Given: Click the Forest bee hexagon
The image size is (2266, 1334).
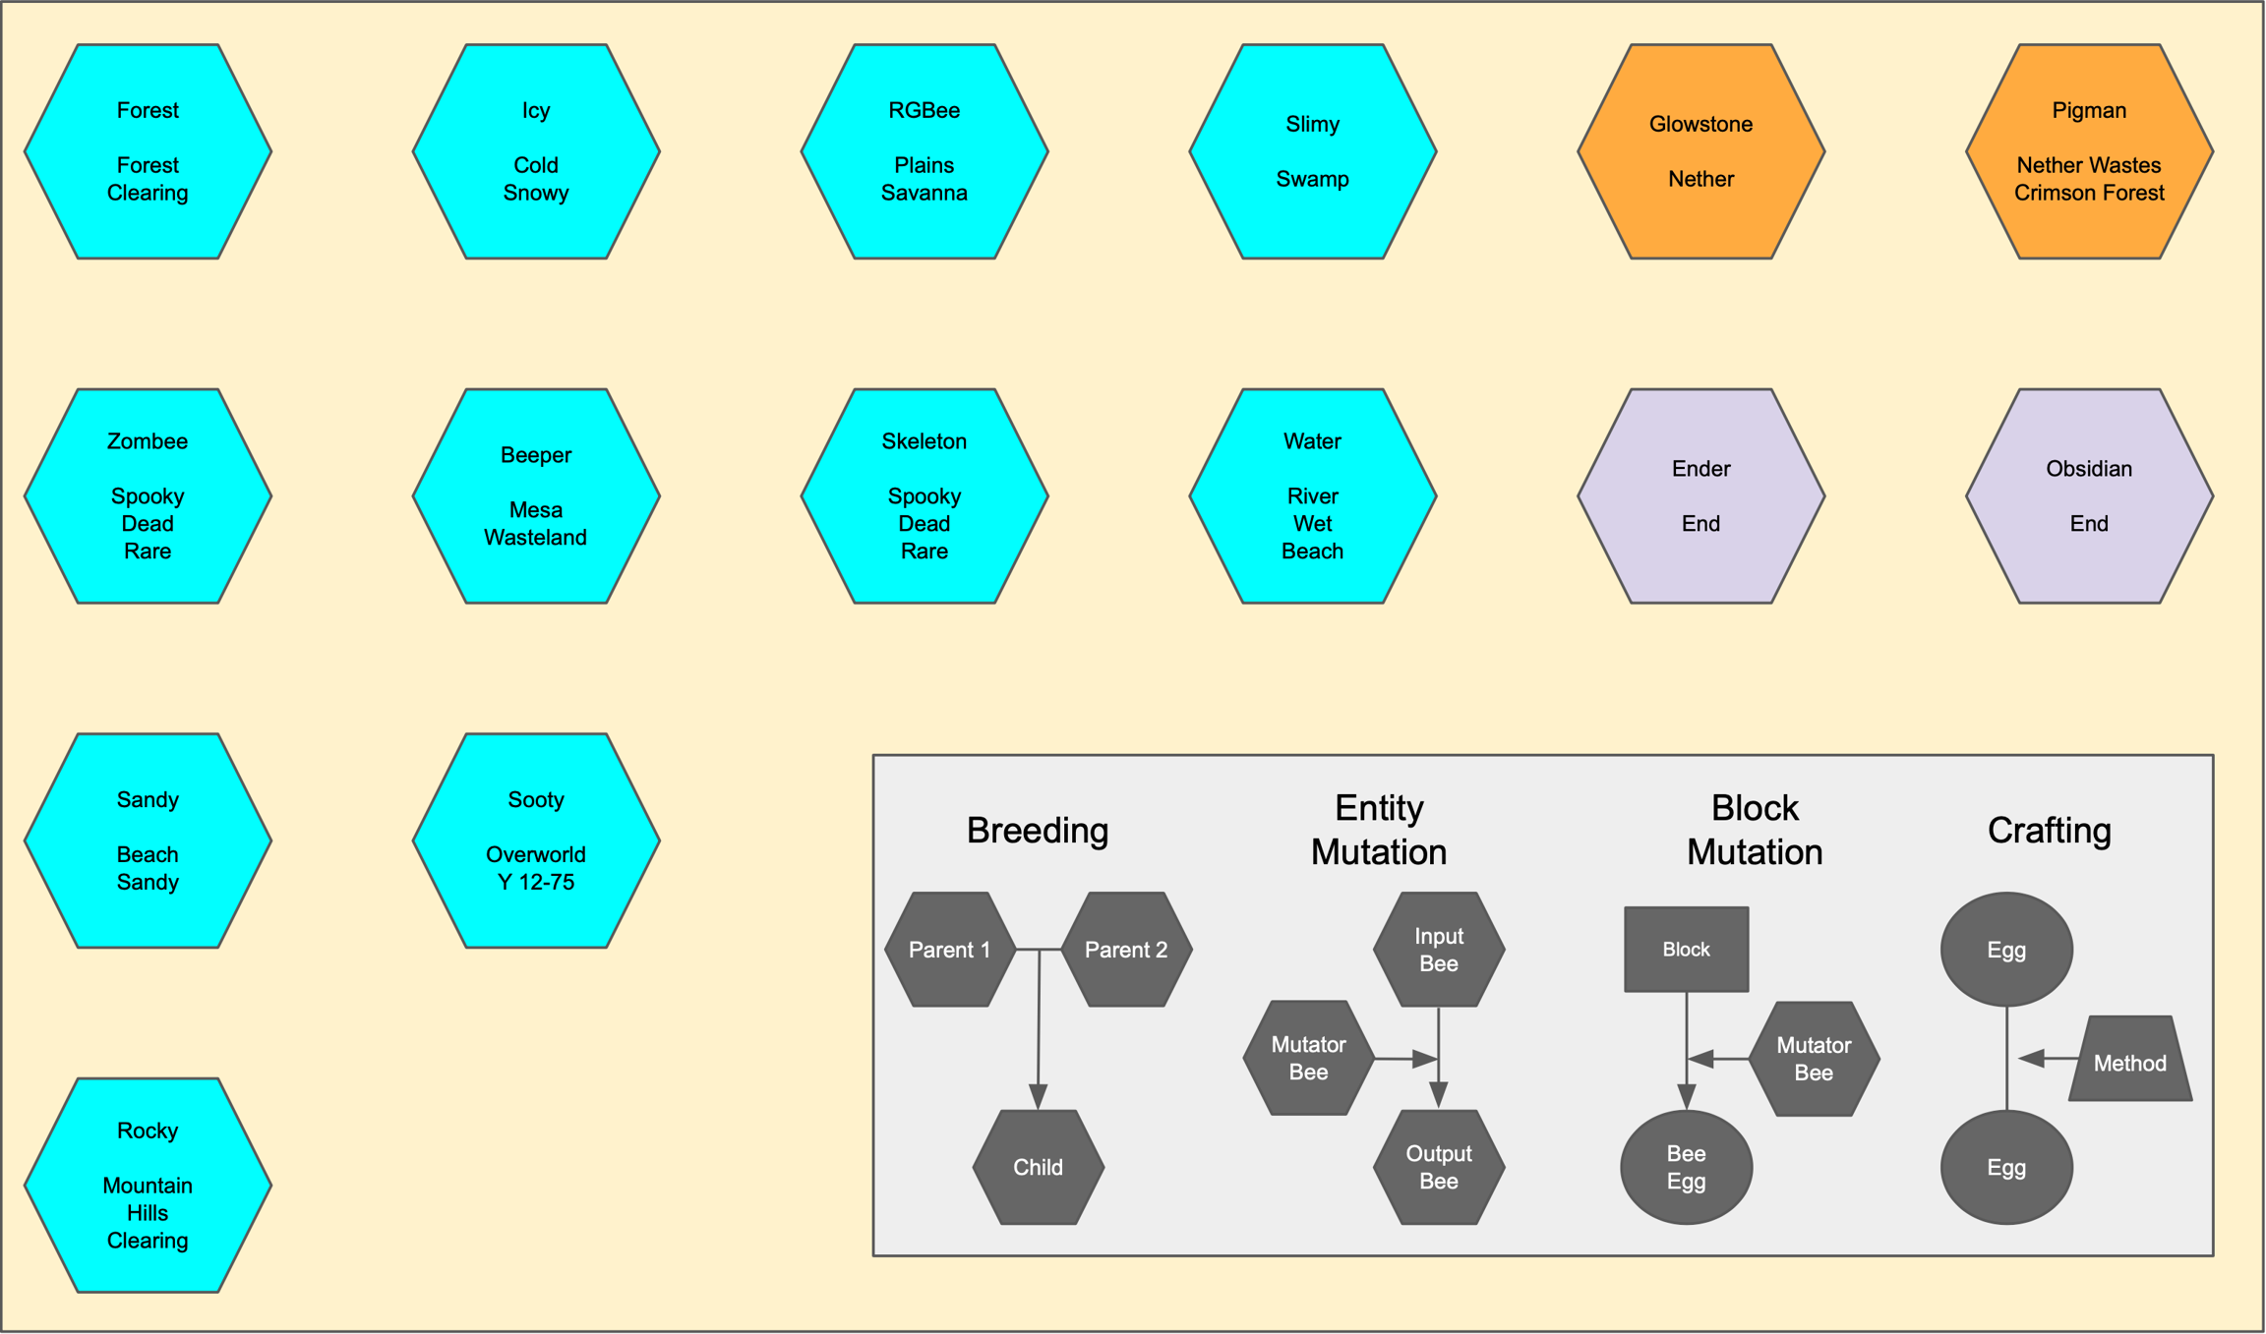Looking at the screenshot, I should point(148,151).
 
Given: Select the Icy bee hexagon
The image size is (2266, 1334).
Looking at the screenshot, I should point(536,151).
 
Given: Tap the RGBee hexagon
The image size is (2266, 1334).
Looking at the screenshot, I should point(924,151).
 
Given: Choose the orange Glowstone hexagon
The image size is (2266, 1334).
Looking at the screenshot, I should point(1700,151).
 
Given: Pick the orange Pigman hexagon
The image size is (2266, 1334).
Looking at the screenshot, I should point(2089,151).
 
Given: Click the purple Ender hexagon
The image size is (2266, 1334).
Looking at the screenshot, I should point(1700,496).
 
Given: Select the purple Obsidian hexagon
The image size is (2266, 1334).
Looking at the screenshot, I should point(2089,496).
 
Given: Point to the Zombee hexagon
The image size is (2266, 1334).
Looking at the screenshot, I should point(148,496).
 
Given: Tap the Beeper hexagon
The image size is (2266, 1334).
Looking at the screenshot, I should point(536,496).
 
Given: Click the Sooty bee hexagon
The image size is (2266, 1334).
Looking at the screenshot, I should point(536,841).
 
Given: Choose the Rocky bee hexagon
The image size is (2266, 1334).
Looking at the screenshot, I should point(148,1186).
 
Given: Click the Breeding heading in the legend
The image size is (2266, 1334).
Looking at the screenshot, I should point(1038,831).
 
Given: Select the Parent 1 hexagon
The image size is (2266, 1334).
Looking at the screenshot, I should point(950,950).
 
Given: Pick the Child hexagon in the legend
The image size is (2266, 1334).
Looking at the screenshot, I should point(1038,1168).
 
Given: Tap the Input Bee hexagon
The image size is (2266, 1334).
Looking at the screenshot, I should point(1439,950).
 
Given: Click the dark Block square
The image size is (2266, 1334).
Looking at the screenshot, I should point(1686,950).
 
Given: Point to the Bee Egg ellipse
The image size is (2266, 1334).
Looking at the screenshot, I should point(1686,1168).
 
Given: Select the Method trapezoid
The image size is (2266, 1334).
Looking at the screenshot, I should point(2130,1061).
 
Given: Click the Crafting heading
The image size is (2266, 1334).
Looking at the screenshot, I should point(2050,831).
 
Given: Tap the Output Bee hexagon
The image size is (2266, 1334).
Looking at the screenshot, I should point(1439,1168).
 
